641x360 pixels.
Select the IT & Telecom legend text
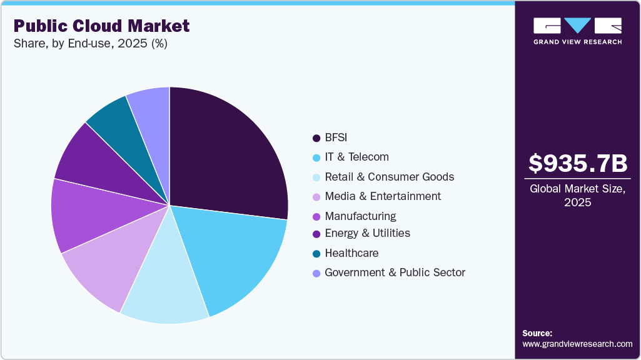coord(356,157)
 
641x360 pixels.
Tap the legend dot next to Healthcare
coord(316,253)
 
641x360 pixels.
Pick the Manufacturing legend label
coord(360,216)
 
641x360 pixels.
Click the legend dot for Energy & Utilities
coord(316,233)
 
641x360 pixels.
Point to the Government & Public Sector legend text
coord(395,272)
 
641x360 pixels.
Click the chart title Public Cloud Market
coord(101,26)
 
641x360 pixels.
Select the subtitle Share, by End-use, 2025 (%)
coord(90,44)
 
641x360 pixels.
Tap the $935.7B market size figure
coord(577,164)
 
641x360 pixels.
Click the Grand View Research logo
coord(577,31)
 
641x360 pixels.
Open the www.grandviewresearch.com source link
coord(577,344)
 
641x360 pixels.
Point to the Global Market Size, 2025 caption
coord(577,196)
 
